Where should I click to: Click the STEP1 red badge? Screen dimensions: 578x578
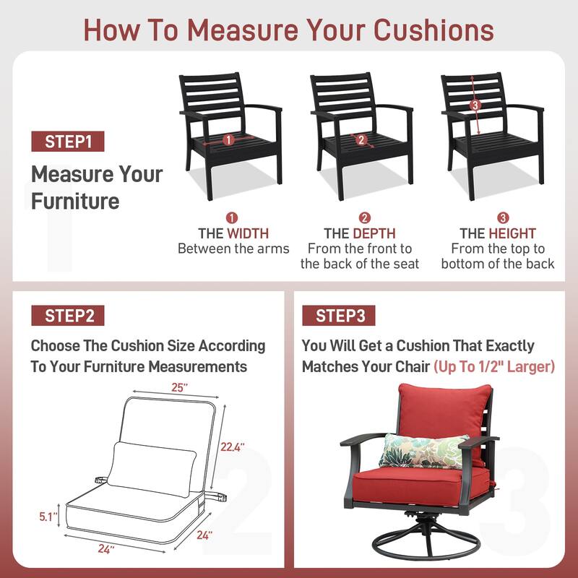[68, 141]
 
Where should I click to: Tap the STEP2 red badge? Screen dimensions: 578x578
[68, 316]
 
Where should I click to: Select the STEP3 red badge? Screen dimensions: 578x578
[339, 316]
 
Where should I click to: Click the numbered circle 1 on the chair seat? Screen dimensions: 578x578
[228, 139]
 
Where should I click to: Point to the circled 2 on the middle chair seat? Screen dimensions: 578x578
[361, 139]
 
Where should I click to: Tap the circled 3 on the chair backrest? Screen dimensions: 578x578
[475, 105]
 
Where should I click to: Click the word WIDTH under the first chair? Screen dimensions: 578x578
[248, 233]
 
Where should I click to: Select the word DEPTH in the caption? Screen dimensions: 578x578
[374, 233]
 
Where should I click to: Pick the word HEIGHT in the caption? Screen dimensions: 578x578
[512, 233]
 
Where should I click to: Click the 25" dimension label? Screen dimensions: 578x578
[179, 387]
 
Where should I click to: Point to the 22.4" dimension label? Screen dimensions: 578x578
[232, 447]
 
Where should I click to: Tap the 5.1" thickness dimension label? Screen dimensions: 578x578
[48, 517]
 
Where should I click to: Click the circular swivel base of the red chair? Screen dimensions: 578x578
[426, 544]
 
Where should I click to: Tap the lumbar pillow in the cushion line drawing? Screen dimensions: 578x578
[152, 469]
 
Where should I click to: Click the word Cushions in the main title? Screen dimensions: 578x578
[434, 30]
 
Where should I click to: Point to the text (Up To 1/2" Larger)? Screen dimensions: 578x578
[494, 366]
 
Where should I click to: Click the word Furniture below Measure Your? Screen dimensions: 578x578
[75, 202]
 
